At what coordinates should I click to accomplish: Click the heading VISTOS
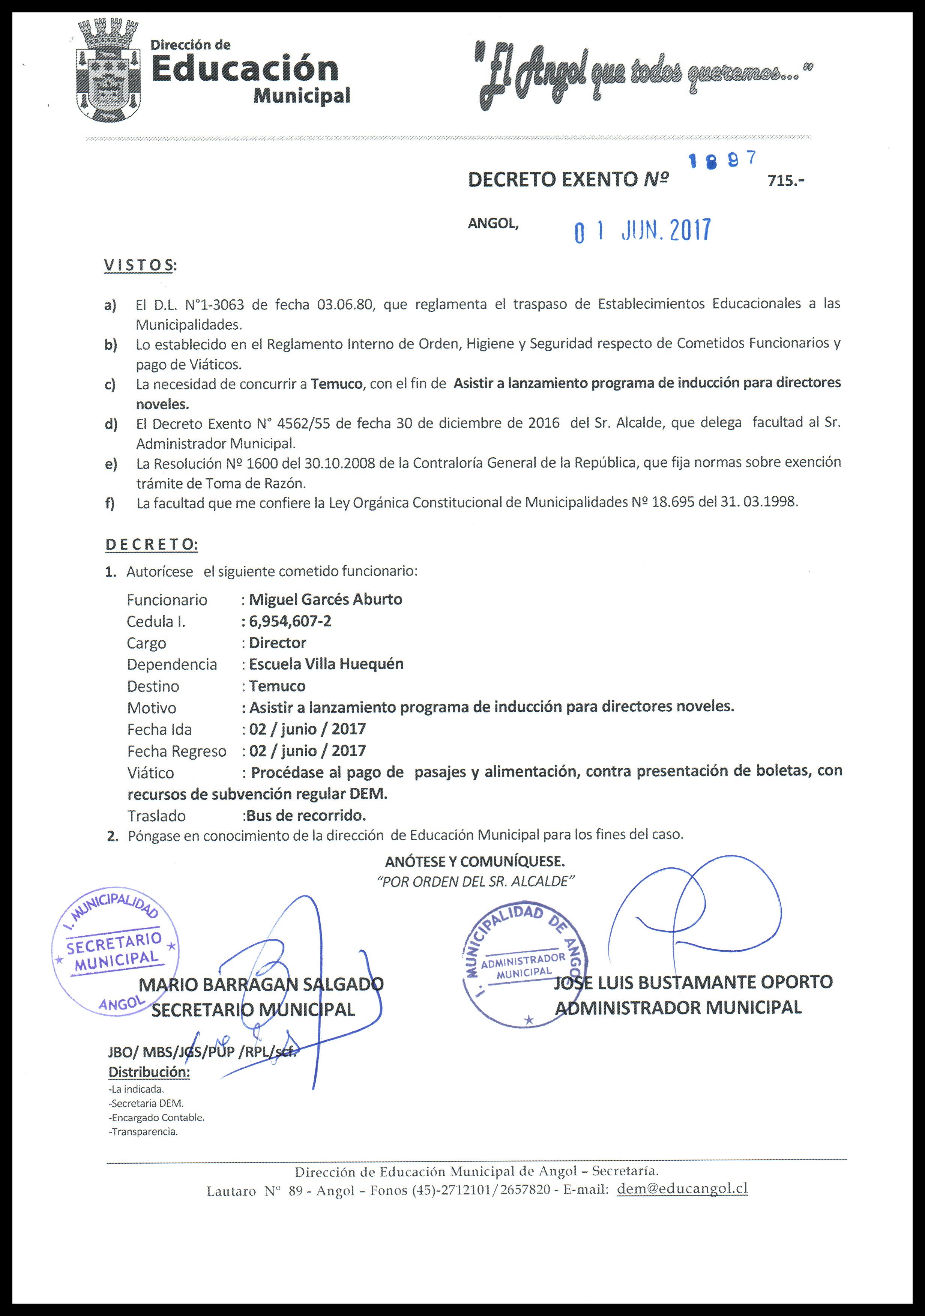[140, 265]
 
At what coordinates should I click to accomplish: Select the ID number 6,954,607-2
[290, 621]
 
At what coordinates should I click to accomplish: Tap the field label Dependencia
[172, 664]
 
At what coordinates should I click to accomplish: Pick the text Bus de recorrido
[306, 815]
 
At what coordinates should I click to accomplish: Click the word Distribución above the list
[149, 1072]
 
